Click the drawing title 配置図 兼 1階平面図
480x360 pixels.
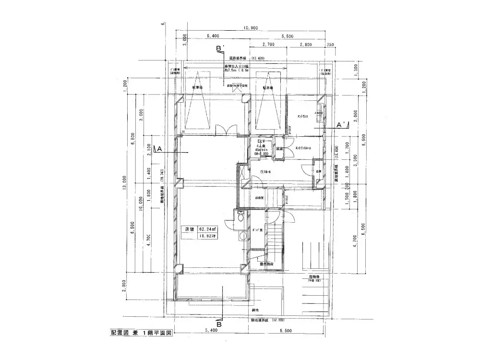(138, 332)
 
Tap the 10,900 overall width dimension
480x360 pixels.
(251, 28)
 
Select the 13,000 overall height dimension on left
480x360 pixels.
(124, 183)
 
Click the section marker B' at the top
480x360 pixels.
(220, 49)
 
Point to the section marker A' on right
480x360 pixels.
(342, 125)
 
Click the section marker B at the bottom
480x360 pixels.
(219, 324)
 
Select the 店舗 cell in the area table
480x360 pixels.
(189, 229)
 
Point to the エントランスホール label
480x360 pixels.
(303, 148)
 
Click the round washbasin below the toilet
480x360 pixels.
(243, 235)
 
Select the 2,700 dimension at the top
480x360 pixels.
(268, 44)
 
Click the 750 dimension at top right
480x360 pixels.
(330, 44)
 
